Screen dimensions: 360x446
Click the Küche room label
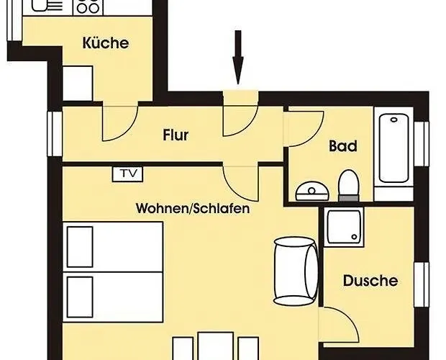coord(106,43)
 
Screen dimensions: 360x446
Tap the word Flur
coord(176,135)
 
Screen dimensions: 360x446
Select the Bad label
coord(343,146)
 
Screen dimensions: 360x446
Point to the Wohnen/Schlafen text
coord(193,210)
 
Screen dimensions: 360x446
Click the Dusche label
coord(370,281)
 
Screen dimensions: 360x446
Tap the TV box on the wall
coord(128,174)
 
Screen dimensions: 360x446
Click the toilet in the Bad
coord(349,184)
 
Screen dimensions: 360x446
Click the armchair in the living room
coord(296,269)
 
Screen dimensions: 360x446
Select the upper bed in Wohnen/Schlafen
coord(114,246)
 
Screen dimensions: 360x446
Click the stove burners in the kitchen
coord(88,7)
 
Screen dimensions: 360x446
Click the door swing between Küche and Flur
coord(119,122)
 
